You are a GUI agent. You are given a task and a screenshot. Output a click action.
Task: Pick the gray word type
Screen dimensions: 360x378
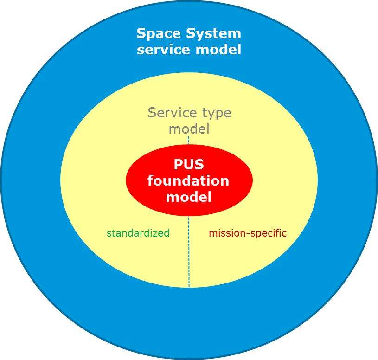[x=213, y=113]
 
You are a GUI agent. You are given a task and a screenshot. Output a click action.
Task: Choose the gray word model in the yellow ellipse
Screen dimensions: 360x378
[x=189, y=129]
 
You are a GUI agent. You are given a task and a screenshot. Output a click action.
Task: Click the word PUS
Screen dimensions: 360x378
[x=189, y=165]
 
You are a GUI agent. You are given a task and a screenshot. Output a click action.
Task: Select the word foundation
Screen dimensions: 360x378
[x=188, y=180]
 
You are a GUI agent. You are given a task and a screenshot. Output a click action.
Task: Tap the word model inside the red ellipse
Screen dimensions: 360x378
[x=189, y=197]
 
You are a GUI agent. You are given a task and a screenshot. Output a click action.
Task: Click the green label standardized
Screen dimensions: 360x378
[x=138, y=233]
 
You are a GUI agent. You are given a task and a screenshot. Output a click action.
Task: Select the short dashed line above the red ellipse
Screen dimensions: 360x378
[x=188, y=140]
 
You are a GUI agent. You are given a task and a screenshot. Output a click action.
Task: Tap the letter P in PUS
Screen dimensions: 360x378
[x=179, y=165]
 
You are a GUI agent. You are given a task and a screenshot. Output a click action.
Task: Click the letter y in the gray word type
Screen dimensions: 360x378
[x=209, y=114]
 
